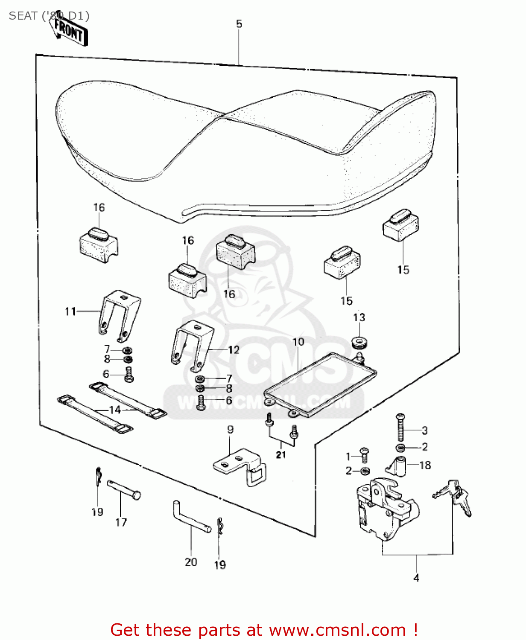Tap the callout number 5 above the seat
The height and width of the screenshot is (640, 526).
[x=239, y=24]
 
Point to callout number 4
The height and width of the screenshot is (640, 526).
[x=416, y=578]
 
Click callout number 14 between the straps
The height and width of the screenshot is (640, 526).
[x=115, y=410]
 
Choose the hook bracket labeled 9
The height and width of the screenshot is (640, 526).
[x=239, y=467]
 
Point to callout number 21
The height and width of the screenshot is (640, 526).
[x=281, y=455]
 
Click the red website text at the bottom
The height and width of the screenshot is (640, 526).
[x=264, y=630]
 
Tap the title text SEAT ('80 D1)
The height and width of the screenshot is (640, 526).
[x=49, y=16]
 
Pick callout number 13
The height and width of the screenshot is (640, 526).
[x=359, y=317]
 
